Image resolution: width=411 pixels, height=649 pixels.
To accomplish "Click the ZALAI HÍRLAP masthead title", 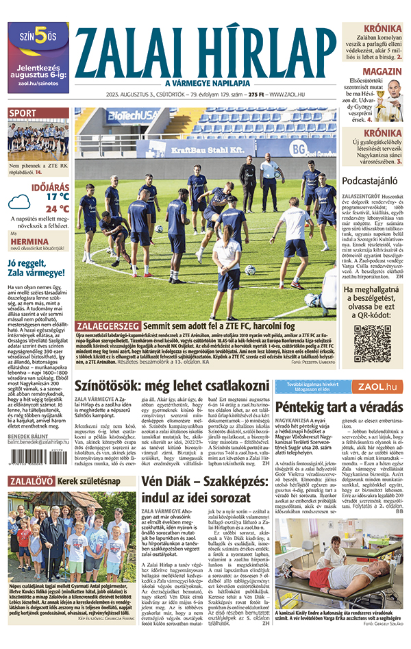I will point(205,51).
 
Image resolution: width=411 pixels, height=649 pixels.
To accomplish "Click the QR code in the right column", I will point(372,343).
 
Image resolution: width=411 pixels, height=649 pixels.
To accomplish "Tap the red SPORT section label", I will point(23,113).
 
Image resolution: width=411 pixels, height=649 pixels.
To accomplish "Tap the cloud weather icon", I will point(21,201).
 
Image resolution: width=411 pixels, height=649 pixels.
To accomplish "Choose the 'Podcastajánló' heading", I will point(371,180).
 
